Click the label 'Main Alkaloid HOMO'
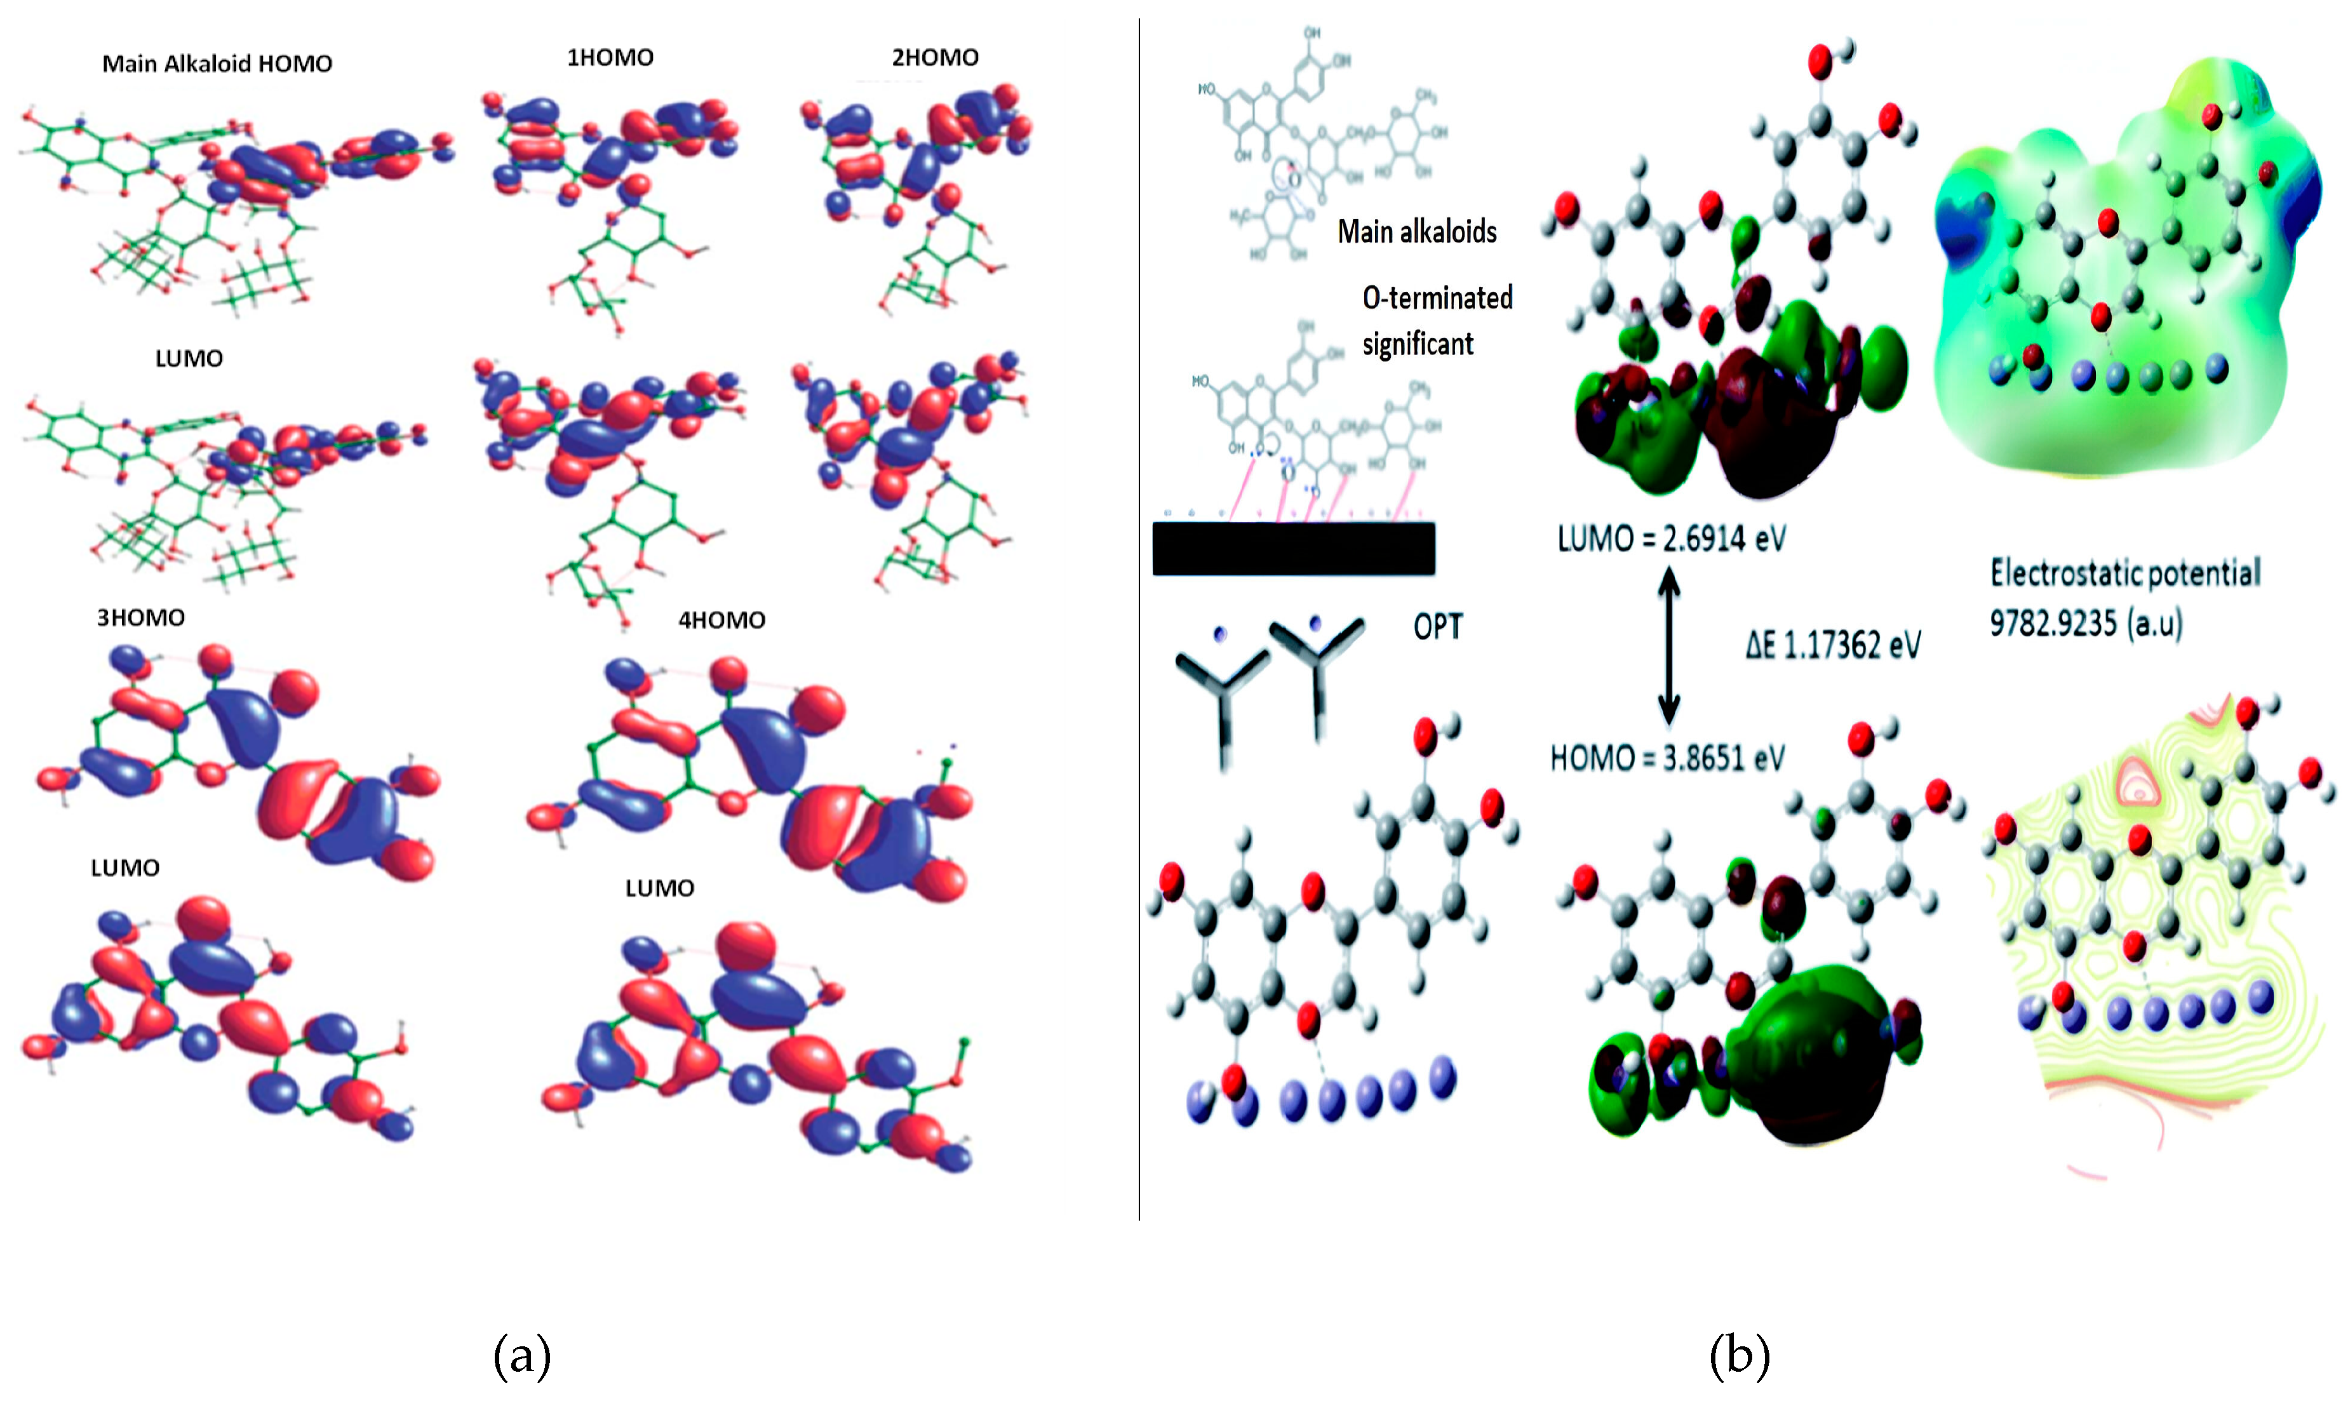pyautogui.click(x=217, y=64)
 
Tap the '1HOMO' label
pyautogui.click(x=610, y=58)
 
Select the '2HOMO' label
pyautogui.click(x=934, y=58)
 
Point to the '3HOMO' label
pyautogui.click(x=141, y=618)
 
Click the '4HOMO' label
pyautogui.click(x=721, y=621)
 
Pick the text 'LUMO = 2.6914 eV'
pyautogui.click(x=1671, y=539)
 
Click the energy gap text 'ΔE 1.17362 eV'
pyautogui.click(x=1833, y=646)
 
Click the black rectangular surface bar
pyautogui.click(x=1293, y=549)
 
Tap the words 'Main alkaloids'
pyautogui.click(x=1417, y=231)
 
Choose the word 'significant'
pyautogui.click(x=1418, y=344)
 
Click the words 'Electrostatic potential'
pyautogui.click(x=2125, y=573)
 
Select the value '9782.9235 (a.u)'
pyautogui.click(x=2085, y=624)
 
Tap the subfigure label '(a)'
pyautogui.click(x=522, y=1355)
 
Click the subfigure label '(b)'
pyautogui.click(x=1740, y=1355)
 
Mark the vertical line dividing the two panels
pyautogui.click(x=1139, y=619)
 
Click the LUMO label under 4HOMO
pyautogui.click(x=659, y=888)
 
